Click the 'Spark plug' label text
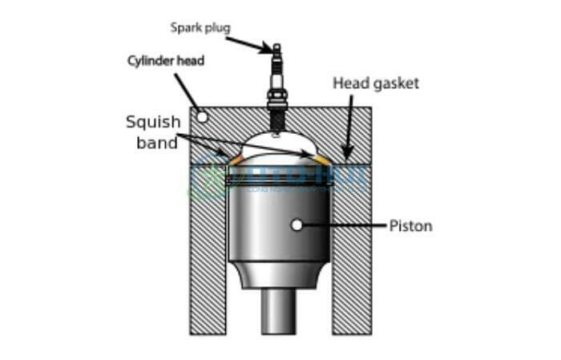[x=200, y=28]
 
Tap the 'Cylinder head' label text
[x=167, y=61]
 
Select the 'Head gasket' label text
[x=376, y=83]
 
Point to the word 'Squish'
[x=153, y=123]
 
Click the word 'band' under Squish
[x=151, y=144]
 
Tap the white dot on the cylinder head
[x=203, y=117]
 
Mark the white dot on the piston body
[x=297, y=225]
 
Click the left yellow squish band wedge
[x=236, y=160]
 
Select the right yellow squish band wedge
[x=320, y=159]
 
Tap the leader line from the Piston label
[x=345, y=226]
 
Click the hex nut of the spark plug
[x=277, y=101]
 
